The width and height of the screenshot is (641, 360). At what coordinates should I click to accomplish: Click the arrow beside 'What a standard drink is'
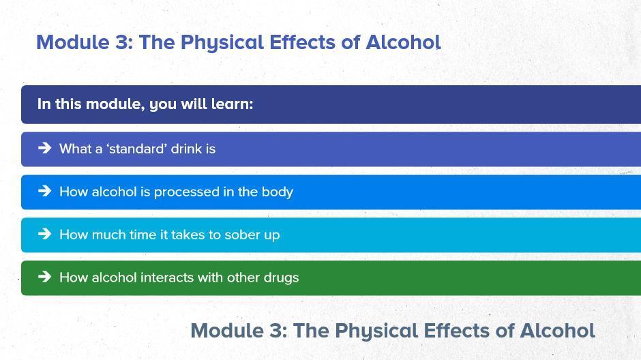(44, 147)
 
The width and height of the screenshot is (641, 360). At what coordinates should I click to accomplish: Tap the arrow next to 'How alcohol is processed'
(44, 190)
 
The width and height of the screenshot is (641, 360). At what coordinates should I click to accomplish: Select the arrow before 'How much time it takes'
(44, 233)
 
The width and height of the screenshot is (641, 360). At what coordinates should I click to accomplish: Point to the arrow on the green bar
(44, 277)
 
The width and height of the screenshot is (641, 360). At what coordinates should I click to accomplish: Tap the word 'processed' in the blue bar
(186, 192)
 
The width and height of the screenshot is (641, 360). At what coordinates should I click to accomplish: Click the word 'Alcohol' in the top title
(403, 42)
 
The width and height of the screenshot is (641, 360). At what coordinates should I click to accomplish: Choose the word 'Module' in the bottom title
(227, 331)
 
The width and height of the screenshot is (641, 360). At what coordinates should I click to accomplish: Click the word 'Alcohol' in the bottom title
(557, 331)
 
